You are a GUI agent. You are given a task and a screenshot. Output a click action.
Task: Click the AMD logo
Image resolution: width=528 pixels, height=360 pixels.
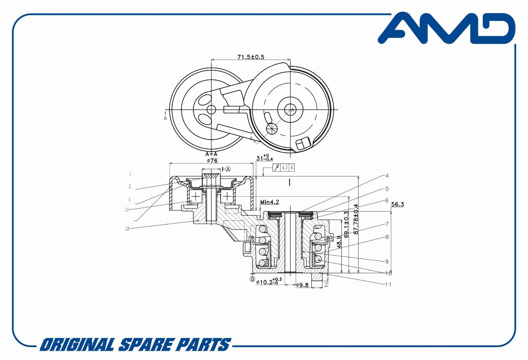pos(446,28)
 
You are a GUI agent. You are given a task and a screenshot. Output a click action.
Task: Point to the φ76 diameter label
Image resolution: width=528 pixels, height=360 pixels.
pos(212,160)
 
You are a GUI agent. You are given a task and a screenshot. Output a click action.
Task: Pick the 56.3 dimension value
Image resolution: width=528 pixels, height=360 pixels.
pos(397,204)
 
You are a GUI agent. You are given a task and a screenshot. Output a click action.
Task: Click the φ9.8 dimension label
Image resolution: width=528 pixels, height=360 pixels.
pos(303,285)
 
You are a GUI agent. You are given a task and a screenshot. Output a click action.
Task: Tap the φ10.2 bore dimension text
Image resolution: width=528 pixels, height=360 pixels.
pos(269,282)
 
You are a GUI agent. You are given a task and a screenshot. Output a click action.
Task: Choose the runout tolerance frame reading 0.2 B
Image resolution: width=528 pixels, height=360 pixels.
pos(283,168)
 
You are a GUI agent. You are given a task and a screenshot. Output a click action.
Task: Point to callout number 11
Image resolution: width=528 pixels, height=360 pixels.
pos(388,284)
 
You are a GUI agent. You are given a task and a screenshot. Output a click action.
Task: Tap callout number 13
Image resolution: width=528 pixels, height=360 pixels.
pos(127,209)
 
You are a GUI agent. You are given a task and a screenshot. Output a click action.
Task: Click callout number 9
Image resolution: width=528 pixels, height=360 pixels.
pos(387,262)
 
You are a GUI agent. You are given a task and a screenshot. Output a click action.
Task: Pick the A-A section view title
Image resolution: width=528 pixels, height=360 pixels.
pos(211,154)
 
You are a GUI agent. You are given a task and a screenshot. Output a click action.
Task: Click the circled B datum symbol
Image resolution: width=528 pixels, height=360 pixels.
pos(252,279)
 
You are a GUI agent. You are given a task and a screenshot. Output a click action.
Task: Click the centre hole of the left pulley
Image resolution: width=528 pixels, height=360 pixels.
pos(211,110)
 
